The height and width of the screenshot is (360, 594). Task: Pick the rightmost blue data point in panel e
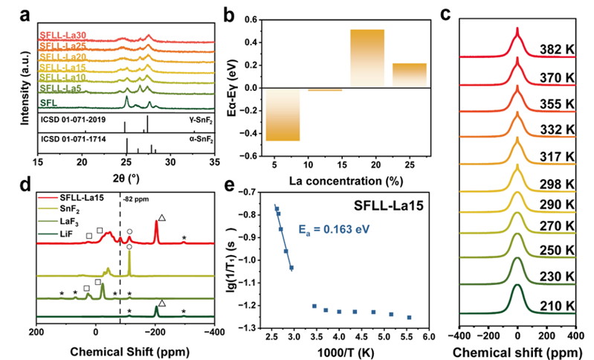tap(409, 318)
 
